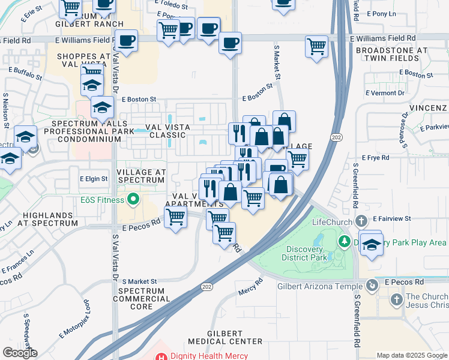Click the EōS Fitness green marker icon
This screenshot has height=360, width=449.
[x=133, y=200]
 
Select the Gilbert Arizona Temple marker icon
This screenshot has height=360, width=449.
[x=372, y=286]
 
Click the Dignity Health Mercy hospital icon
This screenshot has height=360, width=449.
[x=161, y=356]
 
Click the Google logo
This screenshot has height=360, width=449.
[x=20, y=353]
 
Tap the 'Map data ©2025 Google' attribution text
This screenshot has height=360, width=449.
[x=411, y=355]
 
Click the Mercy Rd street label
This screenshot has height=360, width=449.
[x=251, y=287]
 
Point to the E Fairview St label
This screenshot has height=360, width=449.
[x=391, y=219]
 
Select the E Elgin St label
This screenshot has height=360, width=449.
[x=93, y=179]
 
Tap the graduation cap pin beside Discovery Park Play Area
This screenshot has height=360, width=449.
[x=372, y=244]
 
